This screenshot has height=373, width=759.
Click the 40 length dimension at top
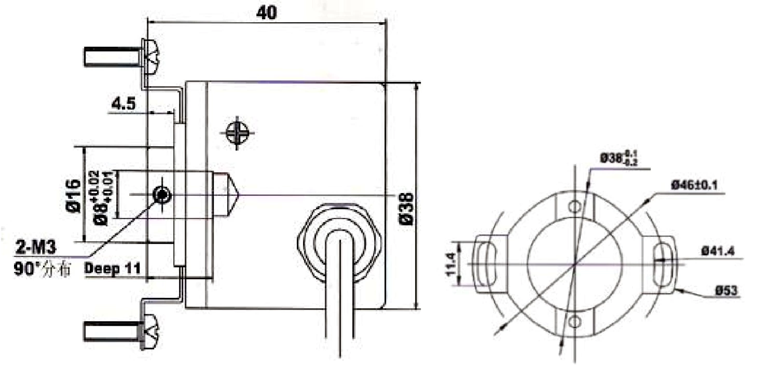click(266, 12)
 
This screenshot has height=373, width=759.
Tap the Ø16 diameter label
click(74, 196)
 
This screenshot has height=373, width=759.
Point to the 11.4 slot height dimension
click(450, 264)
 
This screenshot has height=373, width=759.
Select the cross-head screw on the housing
click(238, 133)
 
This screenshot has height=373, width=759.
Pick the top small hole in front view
click(573, 207)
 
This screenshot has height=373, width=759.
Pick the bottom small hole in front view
click(573, 322)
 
